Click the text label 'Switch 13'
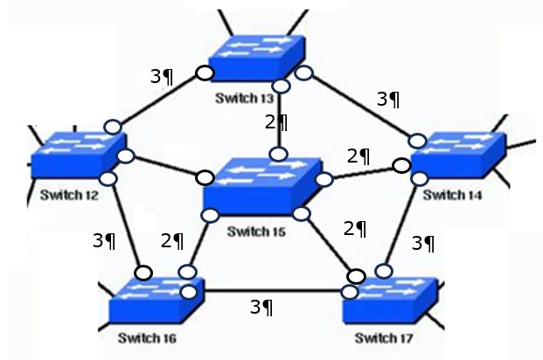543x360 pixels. point(244,98)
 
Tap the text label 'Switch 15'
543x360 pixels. point(255,232)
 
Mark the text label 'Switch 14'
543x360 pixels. point(450,195)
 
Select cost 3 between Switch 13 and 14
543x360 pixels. point(387,99)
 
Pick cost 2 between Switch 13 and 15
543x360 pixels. point(275,121)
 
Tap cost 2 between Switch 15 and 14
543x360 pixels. point(359,156)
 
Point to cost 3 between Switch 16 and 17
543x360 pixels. point(261,307)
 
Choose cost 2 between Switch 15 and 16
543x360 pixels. point(172,239)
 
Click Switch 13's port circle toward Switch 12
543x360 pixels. point(205,73)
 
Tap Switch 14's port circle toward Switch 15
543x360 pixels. point(401,165)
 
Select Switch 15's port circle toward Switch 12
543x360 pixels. point(205,177)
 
